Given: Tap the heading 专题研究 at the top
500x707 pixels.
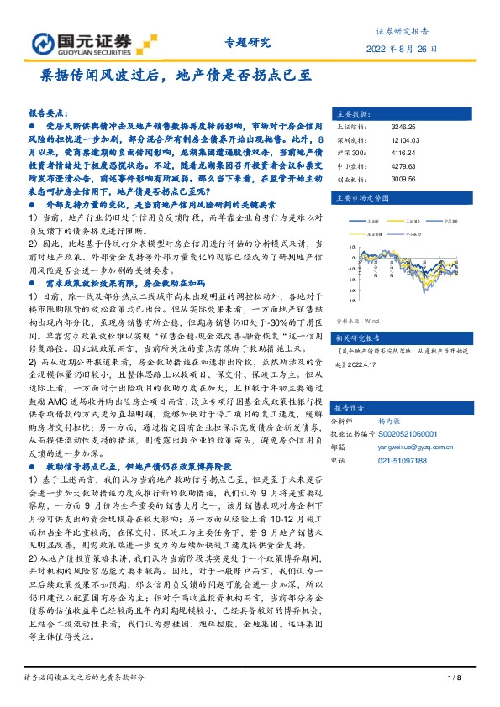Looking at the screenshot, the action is point(248,43).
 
